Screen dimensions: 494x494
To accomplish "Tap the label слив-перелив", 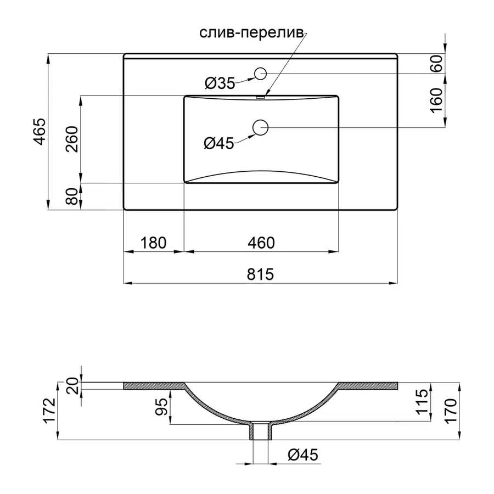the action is tap(252, 33).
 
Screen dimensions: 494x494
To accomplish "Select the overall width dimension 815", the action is tap(260, 274).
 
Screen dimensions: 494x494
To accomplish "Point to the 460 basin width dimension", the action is tap(261, 243).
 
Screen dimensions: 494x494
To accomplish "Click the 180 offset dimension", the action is tap(153, 243).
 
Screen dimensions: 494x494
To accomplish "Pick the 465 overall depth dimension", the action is tap(40, 132).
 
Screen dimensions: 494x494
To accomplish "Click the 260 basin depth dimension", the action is tap(72, 139).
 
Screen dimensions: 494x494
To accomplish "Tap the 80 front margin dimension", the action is tap(72, 197).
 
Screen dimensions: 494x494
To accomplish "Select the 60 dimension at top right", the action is tap(437, 63).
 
